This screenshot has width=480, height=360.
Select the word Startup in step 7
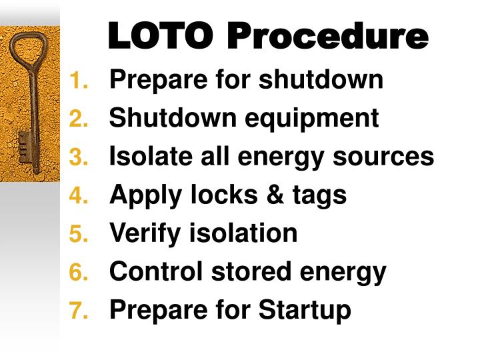(305, 311)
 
